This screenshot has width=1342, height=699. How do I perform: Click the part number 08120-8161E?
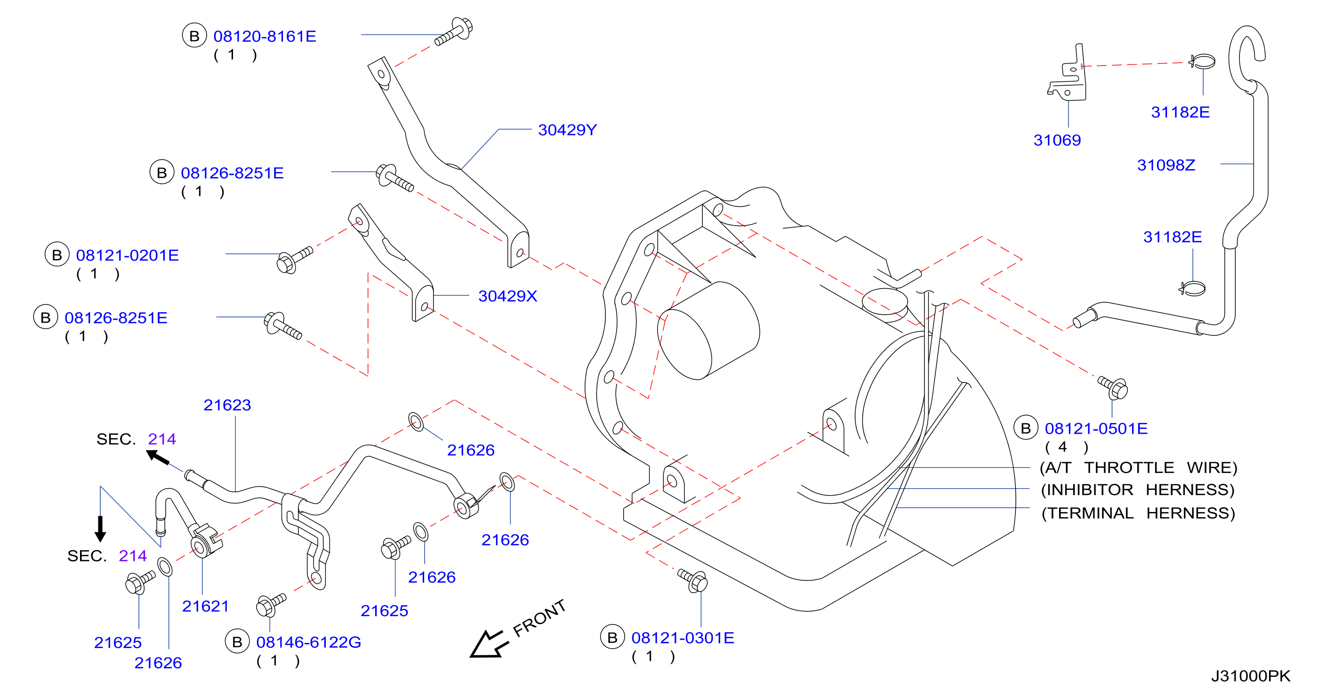(x=265, y=36)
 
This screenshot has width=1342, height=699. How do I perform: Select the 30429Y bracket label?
(x=567, y=130)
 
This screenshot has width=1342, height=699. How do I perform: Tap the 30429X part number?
(x=507, y=296)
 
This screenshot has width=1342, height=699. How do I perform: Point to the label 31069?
(x=1057, y=140)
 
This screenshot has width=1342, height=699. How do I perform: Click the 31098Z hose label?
(x=1166, y=165)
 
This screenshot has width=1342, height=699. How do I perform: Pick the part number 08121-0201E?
(x=127, y=255)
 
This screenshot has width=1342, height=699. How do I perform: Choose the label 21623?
(x=227, y=405)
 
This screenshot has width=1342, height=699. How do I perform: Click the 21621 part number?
(x=205, y=606)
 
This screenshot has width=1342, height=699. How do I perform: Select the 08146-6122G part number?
(x=308, y=642)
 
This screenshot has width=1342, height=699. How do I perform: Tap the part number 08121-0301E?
(x=683, y=638)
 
